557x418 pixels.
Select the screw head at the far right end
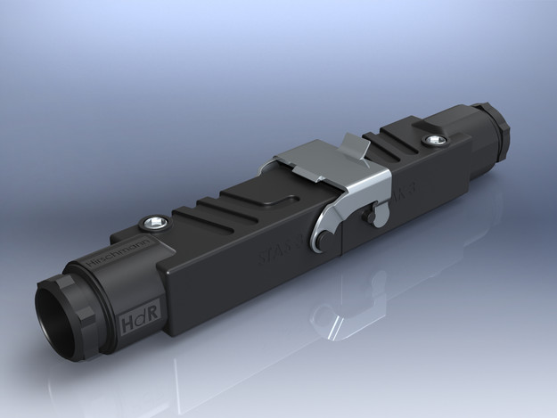click(x=435, y=140)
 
